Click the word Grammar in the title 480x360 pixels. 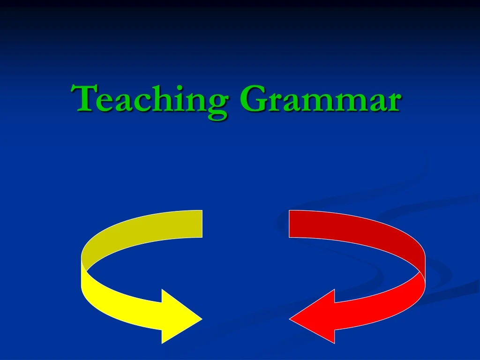320,99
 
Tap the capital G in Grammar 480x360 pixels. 253,99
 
